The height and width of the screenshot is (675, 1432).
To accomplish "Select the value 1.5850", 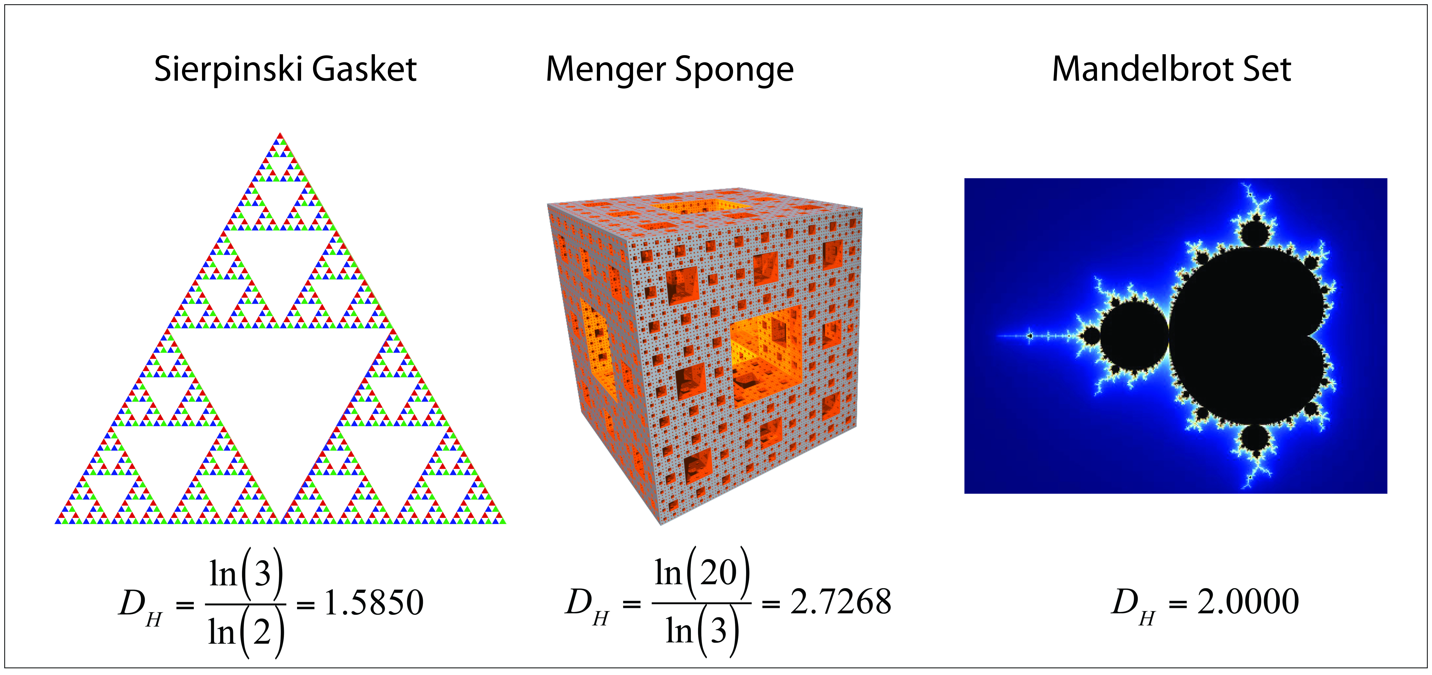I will [374, 603].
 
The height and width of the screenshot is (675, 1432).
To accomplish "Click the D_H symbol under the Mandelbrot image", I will [1134, 605].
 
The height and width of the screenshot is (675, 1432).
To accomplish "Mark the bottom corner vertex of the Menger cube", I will [660, 524].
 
